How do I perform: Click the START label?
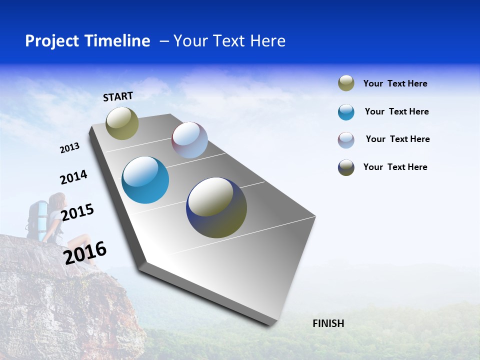(x=118, y=96)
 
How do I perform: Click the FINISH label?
(x=328, y=323)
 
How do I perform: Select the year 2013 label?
(x=69, y=148)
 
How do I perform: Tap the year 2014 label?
(x=73, y=177)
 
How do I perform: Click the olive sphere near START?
(x=122, y=123)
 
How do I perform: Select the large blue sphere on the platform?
(x=145, y=180)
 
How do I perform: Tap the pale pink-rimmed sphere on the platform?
(x=189, y=140)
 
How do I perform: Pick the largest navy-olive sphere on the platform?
(x=216, y=207)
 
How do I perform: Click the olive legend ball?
(x=346, y=83)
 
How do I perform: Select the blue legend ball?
(x=346, y=112)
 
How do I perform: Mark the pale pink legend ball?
(x=346, y=140)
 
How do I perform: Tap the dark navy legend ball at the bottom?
(x=346, y=167)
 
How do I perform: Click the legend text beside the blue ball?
(x=396, y=111)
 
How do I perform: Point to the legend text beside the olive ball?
(x=395, y=83)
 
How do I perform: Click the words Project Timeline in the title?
(x=87, y=41)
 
